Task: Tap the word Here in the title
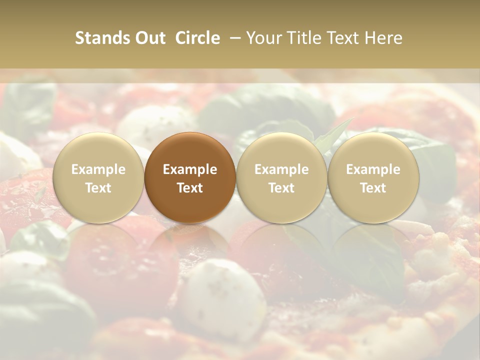(x=384, y=38)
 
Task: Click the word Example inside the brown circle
(x=190, y=169)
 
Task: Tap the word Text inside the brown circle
(x=190, y=188)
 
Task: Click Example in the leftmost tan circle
(x=98, y=169)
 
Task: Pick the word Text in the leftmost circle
(x=98, y=188)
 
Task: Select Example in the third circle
(x=281, y=169)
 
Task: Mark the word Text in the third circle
(x=281, y=188)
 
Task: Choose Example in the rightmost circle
(x=373, y=169)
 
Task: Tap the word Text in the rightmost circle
(x=373, y=188)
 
